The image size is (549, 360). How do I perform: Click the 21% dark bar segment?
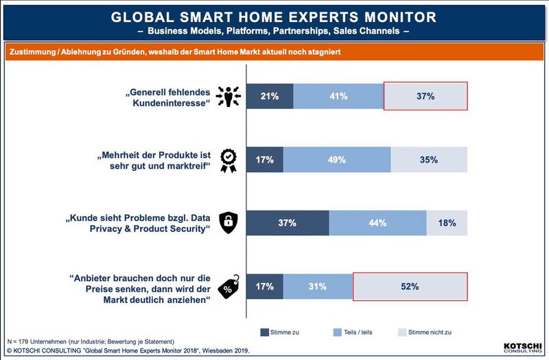pyautogui.click(x=270, y=97)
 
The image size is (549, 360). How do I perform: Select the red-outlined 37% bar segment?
pyautogui.click(x=425, y=97)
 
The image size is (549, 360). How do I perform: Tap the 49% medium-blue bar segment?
pyautogui.click(x=337, y=160)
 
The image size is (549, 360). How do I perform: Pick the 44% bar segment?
pyautogui.click(x=377, y=223)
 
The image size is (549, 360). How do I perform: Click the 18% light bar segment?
pyautogui.click(x=447, y=223)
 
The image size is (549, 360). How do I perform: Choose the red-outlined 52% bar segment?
pyautogui.click(x=410, y=286)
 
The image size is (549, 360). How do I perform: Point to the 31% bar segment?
pyautogui.click(x=317, y=286)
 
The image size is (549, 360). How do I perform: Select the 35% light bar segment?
pyautogui.click(x=429, y=160)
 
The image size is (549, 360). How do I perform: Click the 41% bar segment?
pyautogui.click(x=338, y=97)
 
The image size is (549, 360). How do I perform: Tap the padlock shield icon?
pyautogui.click(x=228, y=222)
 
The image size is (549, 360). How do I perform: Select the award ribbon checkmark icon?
pyautogui.click(x=228, y=160)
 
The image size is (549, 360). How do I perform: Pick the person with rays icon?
pyautogui.click(x=228, y=97)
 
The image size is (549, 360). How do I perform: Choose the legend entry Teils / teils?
pyautogui.click(x=352, y=333)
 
